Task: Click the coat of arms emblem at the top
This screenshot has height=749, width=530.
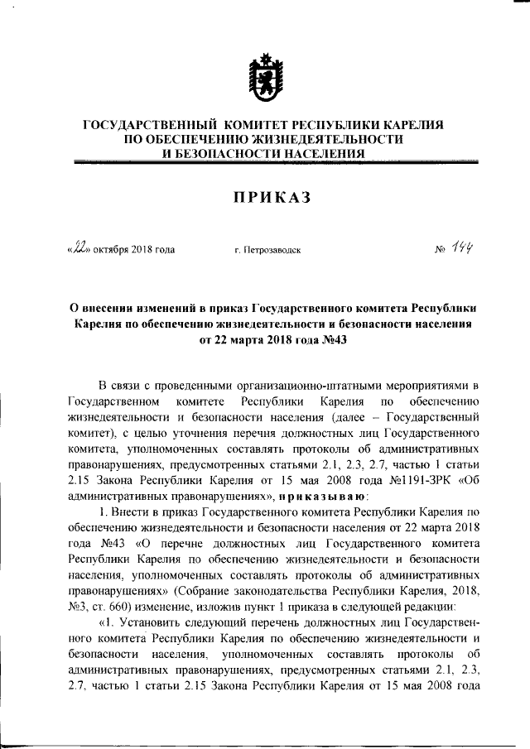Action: [264, 77]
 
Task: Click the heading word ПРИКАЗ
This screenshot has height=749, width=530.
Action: [264, 196]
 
